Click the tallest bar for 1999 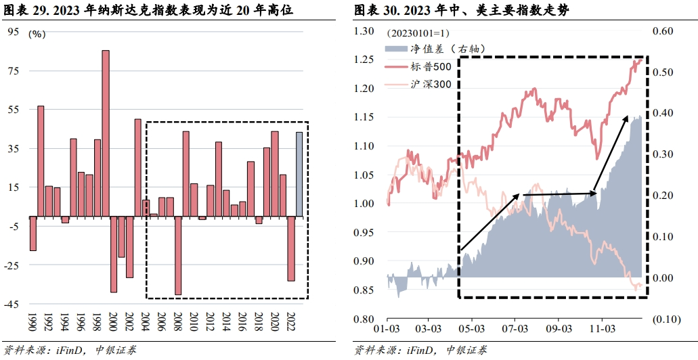point(106,134)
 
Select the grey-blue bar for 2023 point(299,175)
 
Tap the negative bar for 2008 point(179,256)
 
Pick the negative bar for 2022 point(291,249)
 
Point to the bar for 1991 point(41,162)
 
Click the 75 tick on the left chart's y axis point(14,70)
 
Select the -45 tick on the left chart point(12,305)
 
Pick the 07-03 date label point(515,329)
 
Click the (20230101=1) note point(418,32)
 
